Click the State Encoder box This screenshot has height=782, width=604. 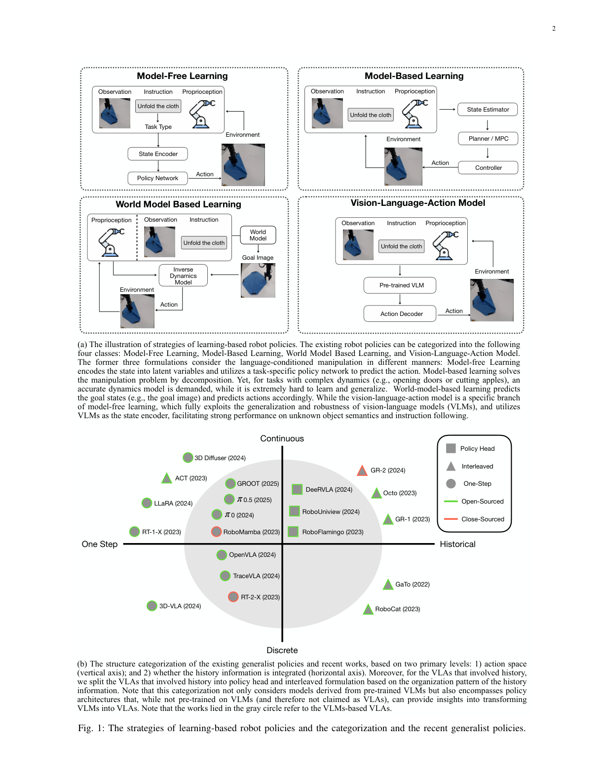tap(157, 154)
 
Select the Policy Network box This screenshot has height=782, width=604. tap(157, 178)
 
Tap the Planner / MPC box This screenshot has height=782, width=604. tap(488, 139)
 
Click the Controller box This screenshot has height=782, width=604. tap(488, 168)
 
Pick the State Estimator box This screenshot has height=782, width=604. tap(488, 110)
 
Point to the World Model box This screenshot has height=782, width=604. tap(258, 235)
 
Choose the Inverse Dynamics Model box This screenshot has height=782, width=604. tap(183, 275)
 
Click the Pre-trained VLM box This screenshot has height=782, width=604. tap(400, 285)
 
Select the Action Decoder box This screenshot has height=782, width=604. tap(400, 314)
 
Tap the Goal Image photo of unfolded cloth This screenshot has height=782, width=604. tap(258, 280)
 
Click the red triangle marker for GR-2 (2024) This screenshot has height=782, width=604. tap(362, 470)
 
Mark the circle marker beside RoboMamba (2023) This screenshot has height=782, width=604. tap(216, 532)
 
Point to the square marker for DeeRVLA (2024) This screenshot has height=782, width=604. tap(297, 489)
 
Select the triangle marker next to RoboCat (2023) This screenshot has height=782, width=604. tap(368, 609)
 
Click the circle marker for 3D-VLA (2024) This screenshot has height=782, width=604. tap(152, 606)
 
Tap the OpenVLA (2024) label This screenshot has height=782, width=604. tap(252, 555)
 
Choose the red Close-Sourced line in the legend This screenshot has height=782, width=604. tap(451, 519)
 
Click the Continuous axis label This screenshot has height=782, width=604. tap(282, 438)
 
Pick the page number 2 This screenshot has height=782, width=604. tap(554, 29)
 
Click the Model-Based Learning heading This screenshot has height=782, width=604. tap(414, 76)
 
